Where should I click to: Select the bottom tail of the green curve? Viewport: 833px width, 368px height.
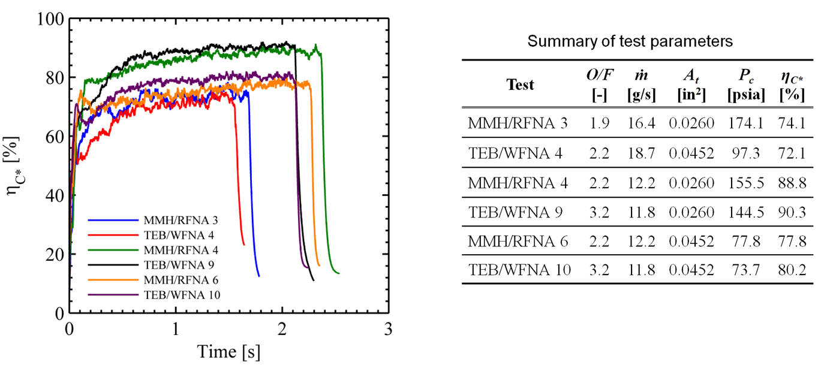pos(337,273)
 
